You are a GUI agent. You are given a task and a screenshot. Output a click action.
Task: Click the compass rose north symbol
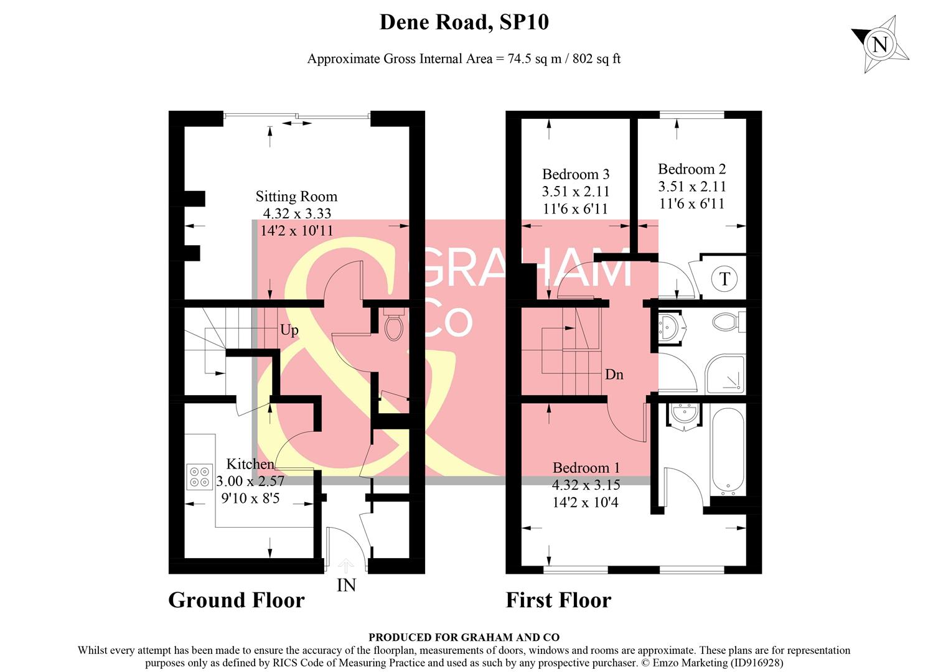879,45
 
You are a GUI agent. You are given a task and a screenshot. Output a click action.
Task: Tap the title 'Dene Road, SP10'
464,22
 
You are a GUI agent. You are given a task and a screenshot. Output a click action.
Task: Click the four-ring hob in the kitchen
200,477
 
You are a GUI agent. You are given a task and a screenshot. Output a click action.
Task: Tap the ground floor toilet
393,325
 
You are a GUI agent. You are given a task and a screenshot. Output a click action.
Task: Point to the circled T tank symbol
724,278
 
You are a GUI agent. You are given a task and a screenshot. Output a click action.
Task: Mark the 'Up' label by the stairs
289,330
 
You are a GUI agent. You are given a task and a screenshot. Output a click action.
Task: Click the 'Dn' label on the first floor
614,375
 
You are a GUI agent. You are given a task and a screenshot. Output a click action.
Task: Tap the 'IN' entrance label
346,585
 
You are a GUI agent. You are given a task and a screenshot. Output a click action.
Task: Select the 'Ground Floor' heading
237,600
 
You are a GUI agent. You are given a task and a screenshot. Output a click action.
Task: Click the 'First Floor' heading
558,600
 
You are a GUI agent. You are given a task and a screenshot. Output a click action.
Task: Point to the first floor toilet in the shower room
725,322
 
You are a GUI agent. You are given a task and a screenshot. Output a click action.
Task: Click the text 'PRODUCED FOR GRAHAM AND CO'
464,637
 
